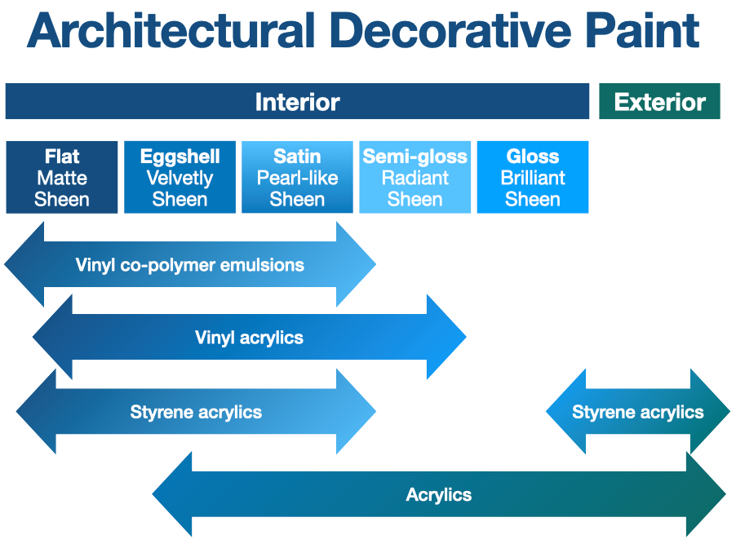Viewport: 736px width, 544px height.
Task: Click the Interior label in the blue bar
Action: point(297,102)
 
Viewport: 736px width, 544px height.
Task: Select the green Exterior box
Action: point(659,102)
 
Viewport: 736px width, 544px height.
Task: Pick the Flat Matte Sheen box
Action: point(62,178)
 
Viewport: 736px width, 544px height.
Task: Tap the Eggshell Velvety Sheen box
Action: point(180,178)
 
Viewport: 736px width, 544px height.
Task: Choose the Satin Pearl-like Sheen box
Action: point(297,178)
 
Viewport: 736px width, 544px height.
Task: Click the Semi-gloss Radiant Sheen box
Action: point(415,178)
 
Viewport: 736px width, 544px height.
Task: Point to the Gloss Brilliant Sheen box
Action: point(532,178)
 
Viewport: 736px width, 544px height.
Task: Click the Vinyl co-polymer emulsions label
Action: point(189,265)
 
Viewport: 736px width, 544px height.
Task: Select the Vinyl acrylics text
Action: point(249,338)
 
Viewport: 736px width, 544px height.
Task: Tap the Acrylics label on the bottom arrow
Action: point(438,495)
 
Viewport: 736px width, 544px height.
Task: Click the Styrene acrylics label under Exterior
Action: point(637,413)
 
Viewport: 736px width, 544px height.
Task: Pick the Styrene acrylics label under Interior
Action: point(196,413)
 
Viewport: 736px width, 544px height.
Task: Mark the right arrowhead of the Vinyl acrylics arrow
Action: point(445,337)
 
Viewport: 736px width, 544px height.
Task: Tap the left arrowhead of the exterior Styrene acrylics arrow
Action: point(566,412)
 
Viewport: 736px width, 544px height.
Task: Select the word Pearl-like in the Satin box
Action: point(297,178)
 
